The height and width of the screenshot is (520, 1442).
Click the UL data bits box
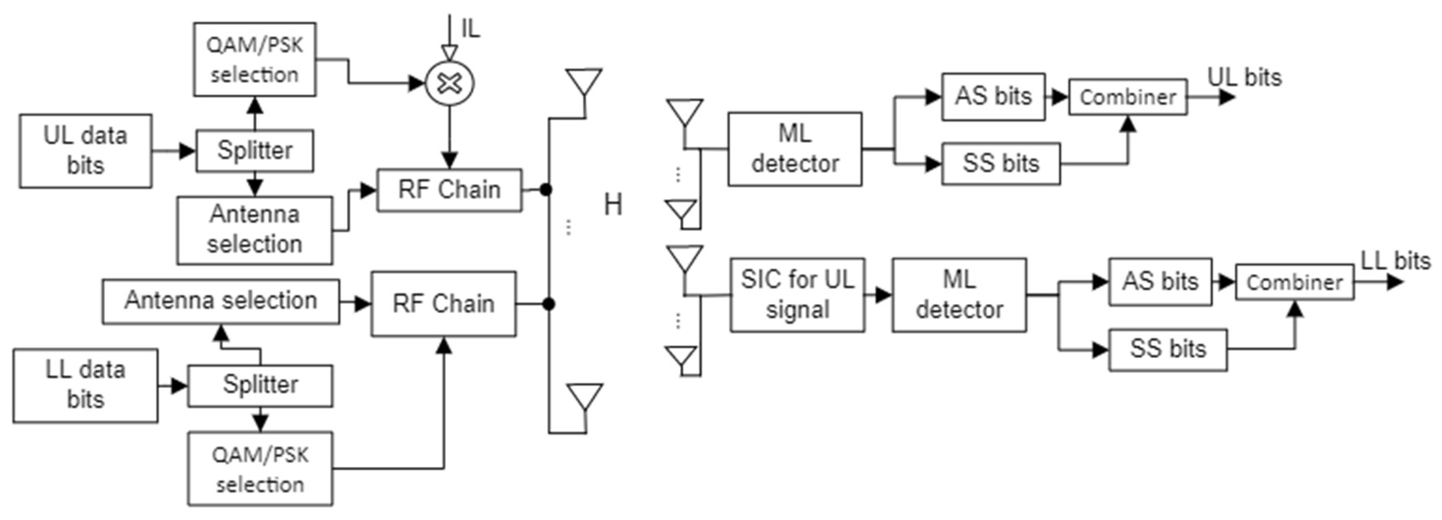point(85,151)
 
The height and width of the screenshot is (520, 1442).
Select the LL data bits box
point(85,385)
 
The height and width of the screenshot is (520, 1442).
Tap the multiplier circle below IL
point(450,83)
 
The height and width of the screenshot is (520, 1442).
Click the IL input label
point(470,29)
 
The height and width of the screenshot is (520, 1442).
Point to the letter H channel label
point(613,205)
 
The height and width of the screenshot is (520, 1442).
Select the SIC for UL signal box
point(797,295)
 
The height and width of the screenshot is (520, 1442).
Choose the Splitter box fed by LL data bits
point(260,385)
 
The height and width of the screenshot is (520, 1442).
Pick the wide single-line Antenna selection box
point(221,301)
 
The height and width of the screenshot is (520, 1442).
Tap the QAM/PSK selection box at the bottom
point(260,469)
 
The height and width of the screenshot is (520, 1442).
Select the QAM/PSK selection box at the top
point(255,59)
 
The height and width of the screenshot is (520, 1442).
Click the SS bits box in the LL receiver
point(1168,350)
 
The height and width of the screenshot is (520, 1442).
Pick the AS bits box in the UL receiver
point(993,96)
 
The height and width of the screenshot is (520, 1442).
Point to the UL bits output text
point(1244,78)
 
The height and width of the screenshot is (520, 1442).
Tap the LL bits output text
point(1395,261)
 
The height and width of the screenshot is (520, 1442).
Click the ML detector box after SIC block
point(959,295)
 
